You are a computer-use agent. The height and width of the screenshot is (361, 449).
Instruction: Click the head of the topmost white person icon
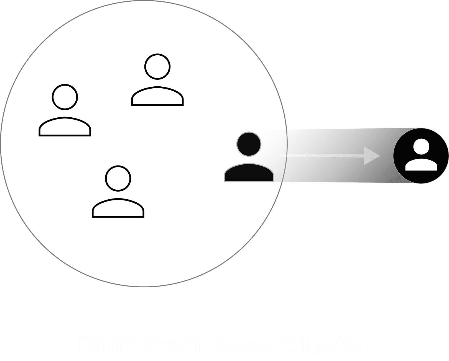(x=157, y=67)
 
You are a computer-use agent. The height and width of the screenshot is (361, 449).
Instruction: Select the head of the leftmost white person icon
(x=65, y=97)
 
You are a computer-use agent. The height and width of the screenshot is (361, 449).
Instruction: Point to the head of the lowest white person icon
(x=118, y=178)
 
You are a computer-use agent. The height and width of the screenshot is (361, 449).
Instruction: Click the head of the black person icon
(x=249, y=144)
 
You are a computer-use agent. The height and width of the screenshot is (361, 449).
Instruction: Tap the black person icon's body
(x=249, y=174)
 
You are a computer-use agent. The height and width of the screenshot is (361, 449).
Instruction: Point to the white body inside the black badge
(x=421, y=165)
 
